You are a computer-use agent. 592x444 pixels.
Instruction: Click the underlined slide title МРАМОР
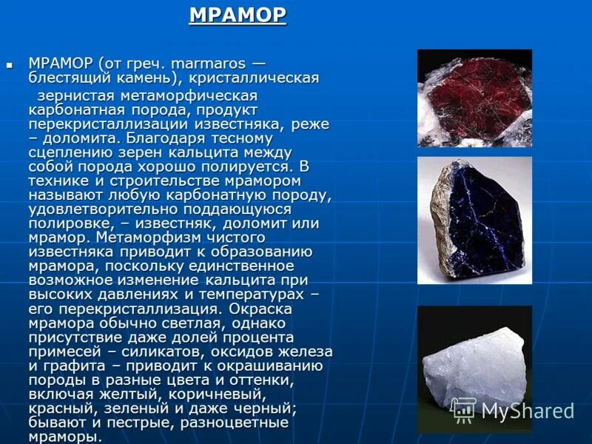click(238, 16)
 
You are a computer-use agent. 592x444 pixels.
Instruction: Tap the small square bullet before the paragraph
click(10, 65)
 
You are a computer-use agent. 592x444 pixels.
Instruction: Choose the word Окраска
click(260, 309)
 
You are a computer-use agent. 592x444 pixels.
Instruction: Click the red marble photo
click(474, 98)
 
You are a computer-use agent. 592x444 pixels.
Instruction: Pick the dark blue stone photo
click(474, 220)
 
